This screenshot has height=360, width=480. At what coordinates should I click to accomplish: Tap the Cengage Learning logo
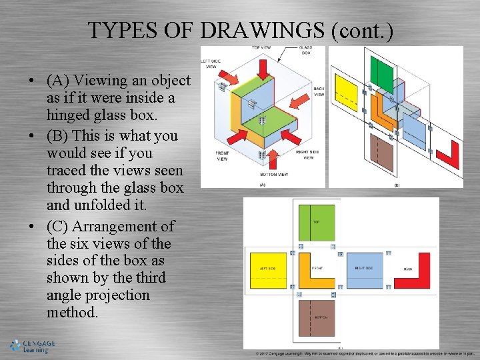coord(33,346)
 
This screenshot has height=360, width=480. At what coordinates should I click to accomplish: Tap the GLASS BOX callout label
coord(305,50)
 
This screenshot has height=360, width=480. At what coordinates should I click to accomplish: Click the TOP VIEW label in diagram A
coord(261,48)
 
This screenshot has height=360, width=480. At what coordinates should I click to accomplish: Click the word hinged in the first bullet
coord(70,115)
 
